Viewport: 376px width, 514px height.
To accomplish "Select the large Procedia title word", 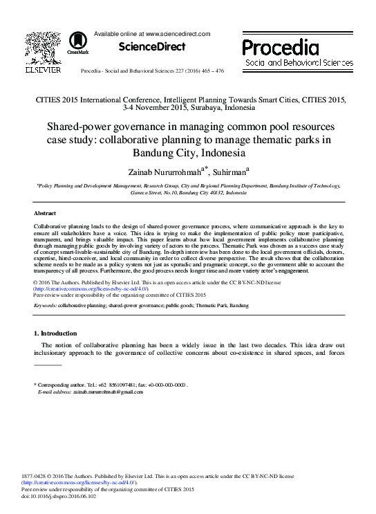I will [280, 48].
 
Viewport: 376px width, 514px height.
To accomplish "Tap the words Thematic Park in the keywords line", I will [210, 304].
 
